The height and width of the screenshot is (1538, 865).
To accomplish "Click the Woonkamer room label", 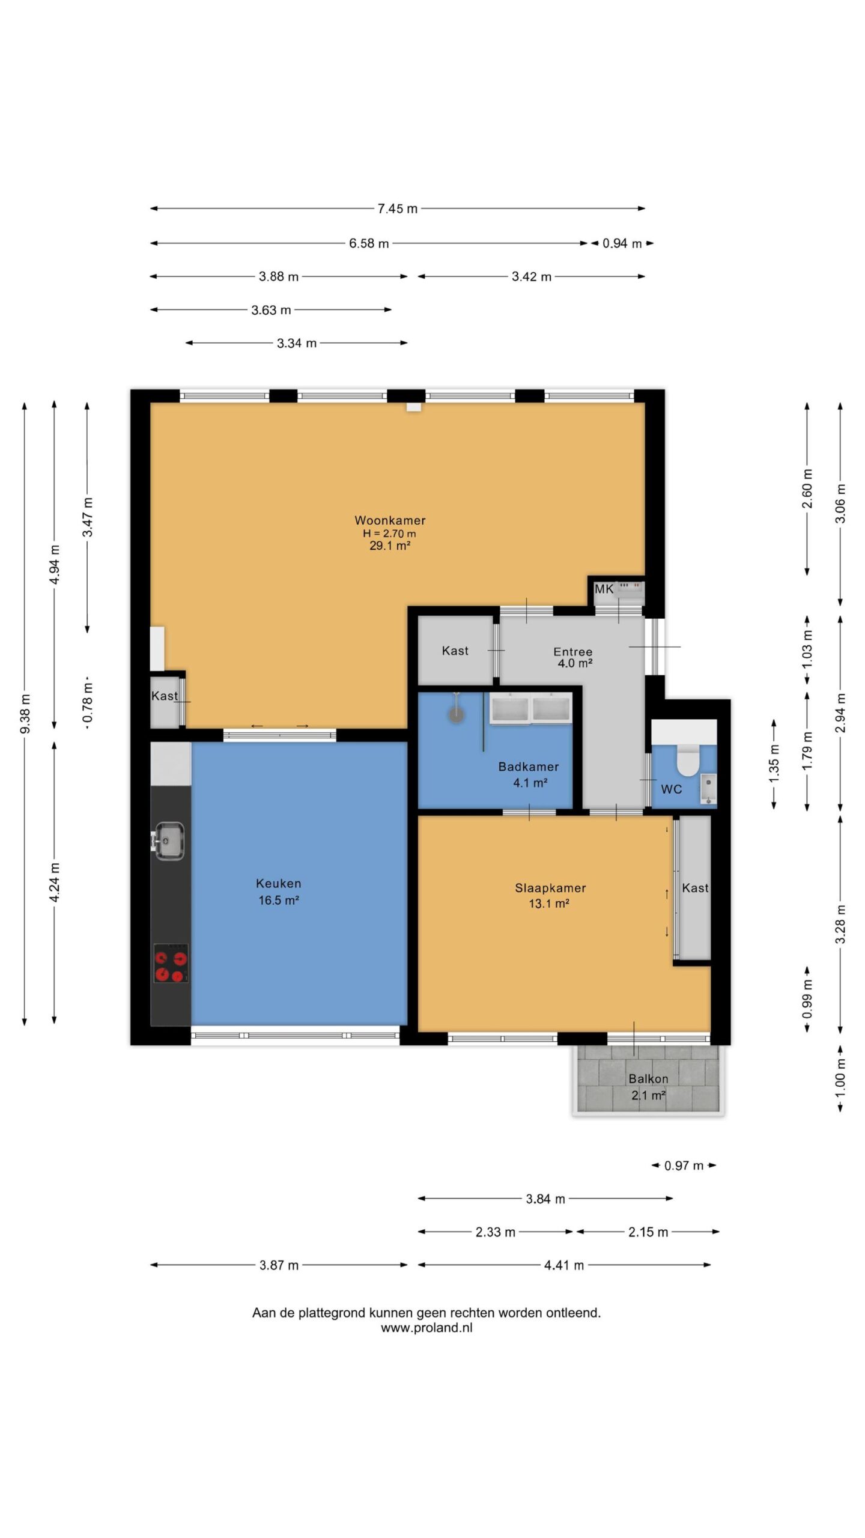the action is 390,520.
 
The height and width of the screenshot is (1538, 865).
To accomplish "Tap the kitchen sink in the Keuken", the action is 168,840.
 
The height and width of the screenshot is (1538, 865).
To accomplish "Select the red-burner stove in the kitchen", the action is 171,962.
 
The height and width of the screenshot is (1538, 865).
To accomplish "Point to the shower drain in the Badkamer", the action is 457,714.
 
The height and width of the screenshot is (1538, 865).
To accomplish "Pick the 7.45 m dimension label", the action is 397,208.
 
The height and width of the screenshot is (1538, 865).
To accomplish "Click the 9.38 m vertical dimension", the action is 25,714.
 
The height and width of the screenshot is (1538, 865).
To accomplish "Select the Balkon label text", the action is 648,1078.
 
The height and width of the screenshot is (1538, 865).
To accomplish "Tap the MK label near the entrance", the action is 604,589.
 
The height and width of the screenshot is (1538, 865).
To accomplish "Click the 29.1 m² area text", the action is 390,546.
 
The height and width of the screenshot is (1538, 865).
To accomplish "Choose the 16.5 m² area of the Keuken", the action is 279,900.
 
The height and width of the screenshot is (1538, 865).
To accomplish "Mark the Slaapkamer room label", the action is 550,888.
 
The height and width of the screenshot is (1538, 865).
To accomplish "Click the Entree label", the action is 573,651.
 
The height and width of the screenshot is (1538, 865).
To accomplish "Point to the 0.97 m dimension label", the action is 684,1166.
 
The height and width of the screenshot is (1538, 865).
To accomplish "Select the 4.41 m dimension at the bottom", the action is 564,1265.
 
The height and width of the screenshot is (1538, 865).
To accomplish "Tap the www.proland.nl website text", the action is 426,1328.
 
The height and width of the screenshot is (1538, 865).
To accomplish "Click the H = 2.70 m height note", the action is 389,533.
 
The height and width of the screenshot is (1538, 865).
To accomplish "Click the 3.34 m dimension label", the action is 297,343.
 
